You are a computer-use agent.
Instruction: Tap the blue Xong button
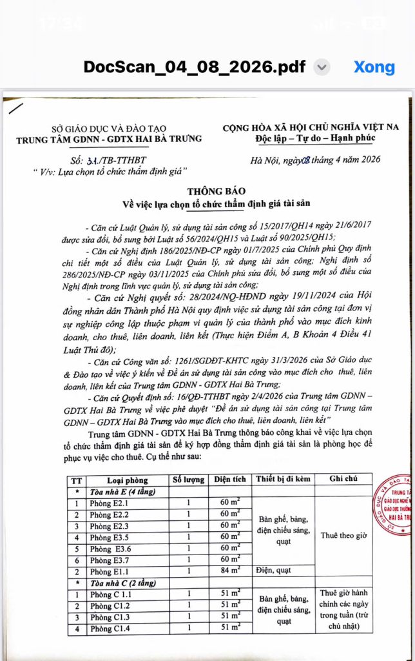coord(374,67)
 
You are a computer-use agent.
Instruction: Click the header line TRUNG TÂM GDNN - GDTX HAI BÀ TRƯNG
coord(109,139)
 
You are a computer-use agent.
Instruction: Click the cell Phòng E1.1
coord(110,571)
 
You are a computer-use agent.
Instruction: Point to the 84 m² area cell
coord(229,571)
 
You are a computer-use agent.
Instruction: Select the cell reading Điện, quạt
coord(275,571)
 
